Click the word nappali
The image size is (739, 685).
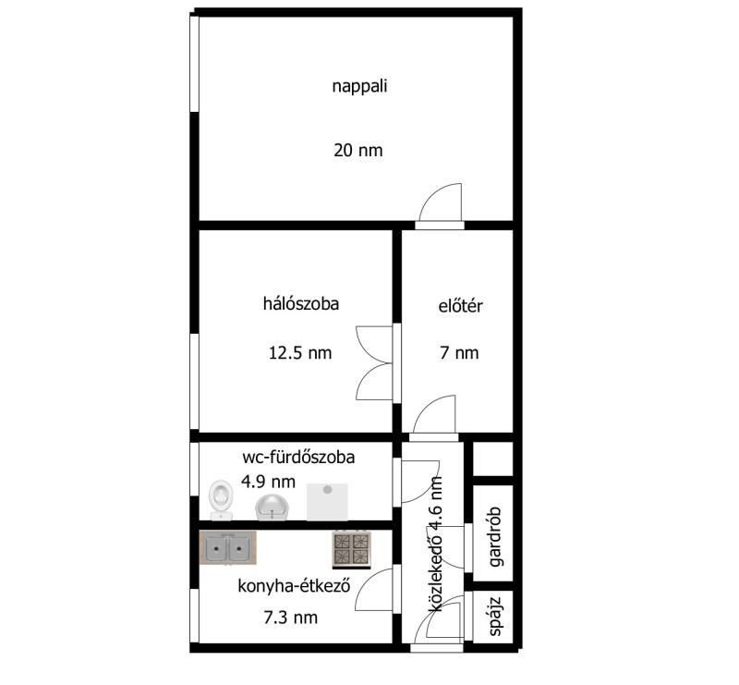pos(359,87)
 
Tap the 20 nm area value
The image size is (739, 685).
pos(358,151)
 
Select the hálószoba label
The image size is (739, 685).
pos(301,303)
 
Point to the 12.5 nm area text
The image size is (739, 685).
pos(300,353)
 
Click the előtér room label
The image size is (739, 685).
pos(460,306)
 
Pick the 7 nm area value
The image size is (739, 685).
pos(459,353)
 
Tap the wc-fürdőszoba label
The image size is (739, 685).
pos(298,458)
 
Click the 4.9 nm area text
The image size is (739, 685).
pos(268,482)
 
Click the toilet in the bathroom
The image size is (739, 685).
pos(221,500)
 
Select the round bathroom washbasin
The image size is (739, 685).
pos(273,508)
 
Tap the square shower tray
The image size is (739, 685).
pos(327,502)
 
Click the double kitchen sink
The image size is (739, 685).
pos(228,547)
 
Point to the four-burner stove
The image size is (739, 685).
pos(352,549)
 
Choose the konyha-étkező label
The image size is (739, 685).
pos(294,586)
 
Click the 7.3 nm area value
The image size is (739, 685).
pos(291,618)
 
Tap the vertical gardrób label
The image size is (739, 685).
pos(495,536)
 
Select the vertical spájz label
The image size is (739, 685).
pos(495,617)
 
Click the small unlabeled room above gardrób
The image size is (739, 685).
pos(492,459)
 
